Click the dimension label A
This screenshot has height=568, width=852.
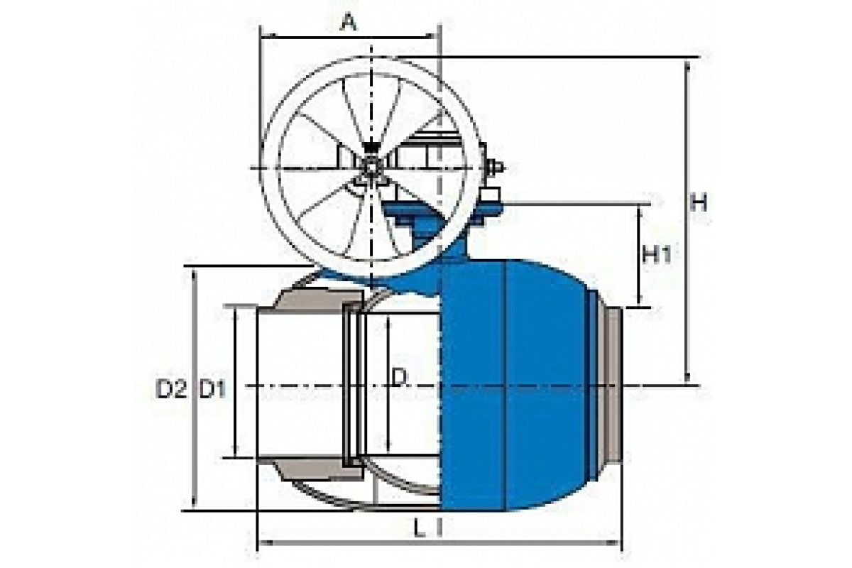[x=349, y=23]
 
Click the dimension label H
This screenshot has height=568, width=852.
[x=699, y=202]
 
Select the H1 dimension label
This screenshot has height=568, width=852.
[x=657, y=255]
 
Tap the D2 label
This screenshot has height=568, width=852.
[x=172, y=390]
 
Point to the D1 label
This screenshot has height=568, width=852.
[x=212, y=390]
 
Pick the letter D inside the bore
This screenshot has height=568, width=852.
[x=399, y=378]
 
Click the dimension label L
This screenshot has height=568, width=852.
[x=419, y=529]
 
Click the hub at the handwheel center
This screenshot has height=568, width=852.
[x=371, y=168]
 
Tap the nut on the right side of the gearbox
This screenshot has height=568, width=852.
[x=496, y=168]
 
